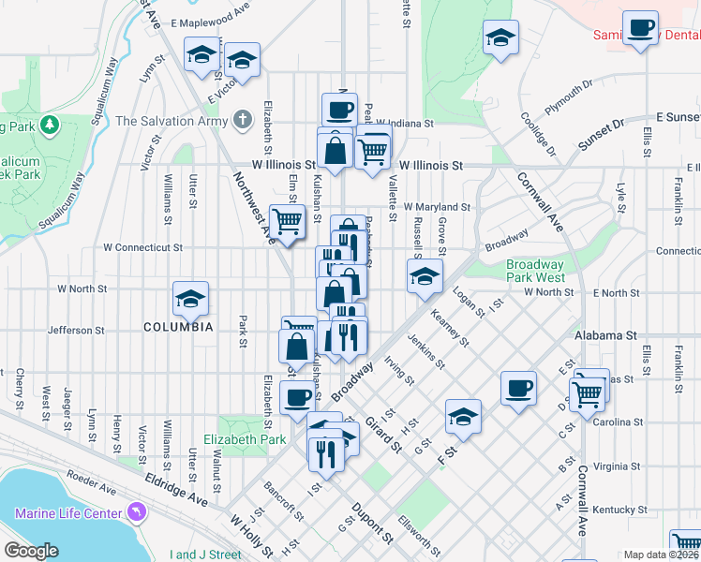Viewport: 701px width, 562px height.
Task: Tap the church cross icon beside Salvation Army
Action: pos(243,120)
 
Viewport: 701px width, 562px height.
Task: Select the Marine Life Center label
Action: pos(68,513)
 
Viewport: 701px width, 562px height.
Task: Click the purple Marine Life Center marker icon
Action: pos(138,512)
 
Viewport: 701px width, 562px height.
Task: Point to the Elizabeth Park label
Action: pos(250,438)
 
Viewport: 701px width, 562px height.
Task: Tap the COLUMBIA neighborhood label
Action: pos(178,328)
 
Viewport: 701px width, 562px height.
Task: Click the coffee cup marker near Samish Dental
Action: pos(641,28)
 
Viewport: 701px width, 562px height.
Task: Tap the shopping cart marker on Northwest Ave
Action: pos(288,222)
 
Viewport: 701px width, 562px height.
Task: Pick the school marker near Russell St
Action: pos(424,275)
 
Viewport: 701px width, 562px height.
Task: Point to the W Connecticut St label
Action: pos(142,248)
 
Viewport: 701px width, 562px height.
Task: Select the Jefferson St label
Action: pos(76,331)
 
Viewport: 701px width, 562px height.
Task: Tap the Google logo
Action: pos(32,551)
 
